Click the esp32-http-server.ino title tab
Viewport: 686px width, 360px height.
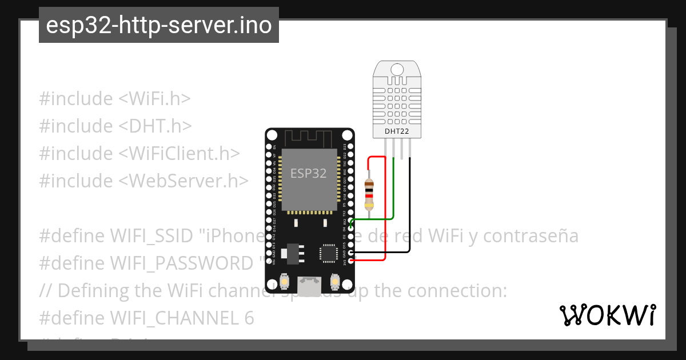[x=158, y=25]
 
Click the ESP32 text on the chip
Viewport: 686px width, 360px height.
[x=308, y=173]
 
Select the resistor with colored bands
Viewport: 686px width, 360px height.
[x=369, y=193]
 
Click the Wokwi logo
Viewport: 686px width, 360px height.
[x=607, y=315]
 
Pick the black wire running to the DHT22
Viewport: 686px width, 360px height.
[x=410, y=217]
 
